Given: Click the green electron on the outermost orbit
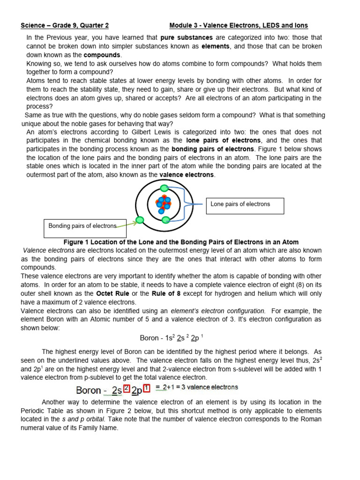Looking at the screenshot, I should tap(139, 220).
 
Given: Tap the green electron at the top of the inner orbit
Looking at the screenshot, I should tap(164, 188).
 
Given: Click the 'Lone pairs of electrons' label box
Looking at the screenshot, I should tap(245, 205).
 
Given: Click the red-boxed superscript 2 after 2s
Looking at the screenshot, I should tap(126, 388).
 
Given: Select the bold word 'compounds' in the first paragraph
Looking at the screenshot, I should tap(102, 55).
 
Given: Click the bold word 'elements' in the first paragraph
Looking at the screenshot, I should tap(215, 46).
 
